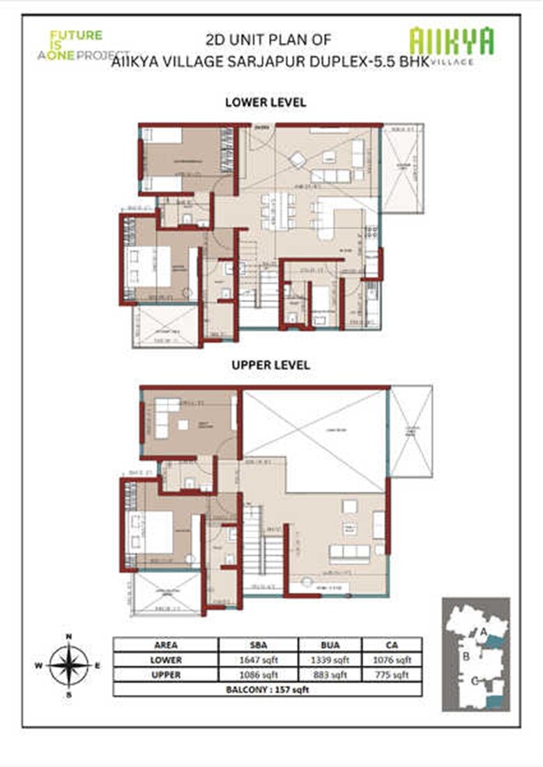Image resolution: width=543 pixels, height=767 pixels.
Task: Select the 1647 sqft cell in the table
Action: (x=259, y=660)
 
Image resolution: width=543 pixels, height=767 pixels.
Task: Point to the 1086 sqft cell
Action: (x=259, y=674)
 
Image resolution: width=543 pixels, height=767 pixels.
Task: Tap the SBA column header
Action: (x=259, y=645)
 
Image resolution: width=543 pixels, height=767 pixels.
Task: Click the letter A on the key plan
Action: (x=482, y=631)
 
